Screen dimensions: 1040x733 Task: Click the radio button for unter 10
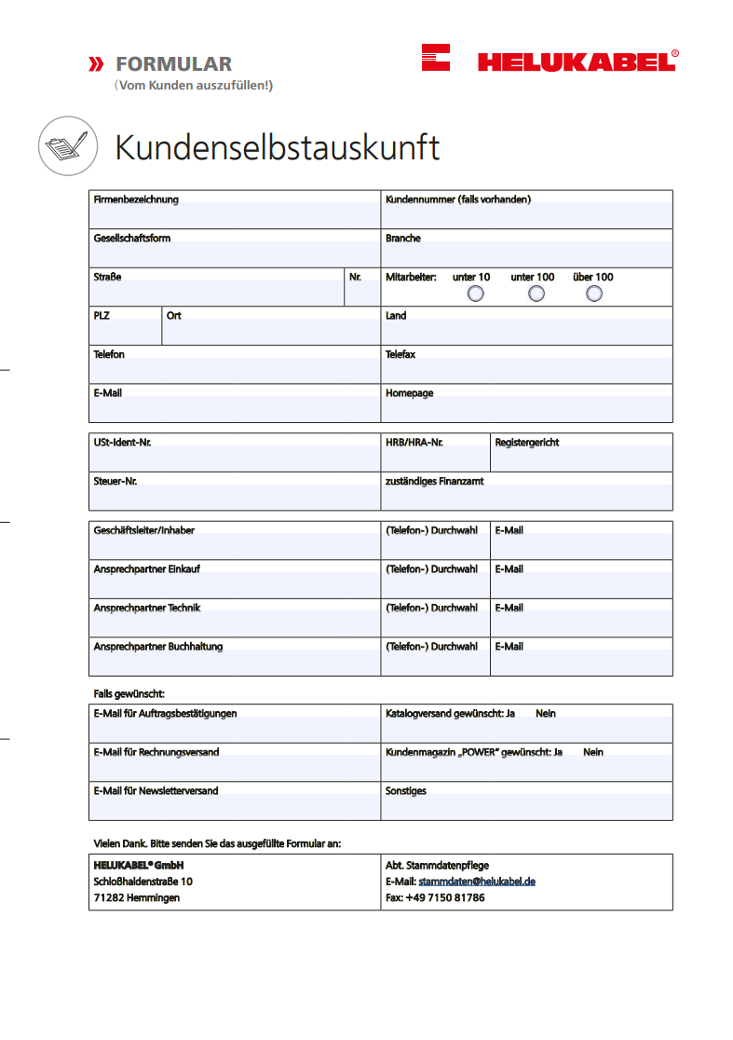click(476, 294)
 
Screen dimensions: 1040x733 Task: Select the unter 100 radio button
click(536, 294)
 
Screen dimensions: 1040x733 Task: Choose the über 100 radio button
click(594, 294)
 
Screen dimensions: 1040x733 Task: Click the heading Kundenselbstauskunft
click(277, 147)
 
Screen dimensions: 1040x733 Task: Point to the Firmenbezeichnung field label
click(136, 199)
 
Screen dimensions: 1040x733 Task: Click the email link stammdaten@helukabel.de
click(477, 882)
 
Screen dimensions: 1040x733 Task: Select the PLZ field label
click(102, 316)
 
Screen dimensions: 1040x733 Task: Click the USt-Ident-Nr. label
click(122, 443)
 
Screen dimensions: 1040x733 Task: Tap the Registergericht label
click(527, 443)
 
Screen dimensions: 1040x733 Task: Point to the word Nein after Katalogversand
click(546, 714)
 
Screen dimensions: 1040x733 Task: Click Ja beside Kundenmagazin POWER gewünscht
click(558, 752)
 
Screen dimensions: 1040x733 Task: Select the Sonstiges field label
click(406, 791)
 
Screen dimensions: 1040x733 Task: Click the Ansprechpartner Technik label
click(147, 608)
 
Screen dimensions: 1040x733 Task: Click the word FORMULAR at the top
click(174, 64)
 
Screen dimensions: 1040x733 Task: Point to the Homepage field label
click(410, 393)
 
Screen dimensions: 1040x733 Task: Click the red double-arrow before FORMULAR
click(95, 64)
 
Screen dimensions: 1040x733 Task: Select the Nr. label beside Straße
click(355, 277)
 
